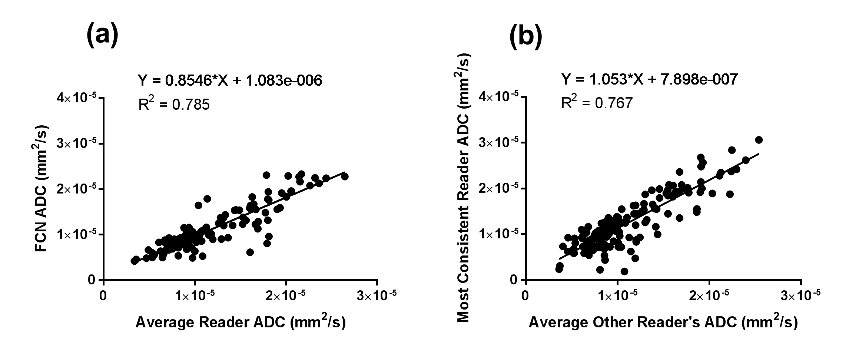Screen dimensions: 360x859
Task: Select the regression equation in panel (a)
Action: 230,80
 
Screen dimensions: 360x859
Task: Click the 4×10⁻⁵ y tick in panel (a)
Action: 76,98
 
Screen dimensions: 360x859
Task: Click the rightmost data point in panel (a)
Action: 345,176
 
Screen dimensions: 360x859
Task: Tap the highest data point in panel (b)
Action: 759,140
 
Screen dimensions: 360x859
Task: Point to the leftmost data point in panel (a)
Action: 134,261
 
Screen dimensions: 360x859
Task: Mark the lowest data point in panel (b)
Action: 624,271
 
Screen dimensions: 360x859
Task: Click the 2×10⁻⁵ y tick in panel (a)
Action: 76,189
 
